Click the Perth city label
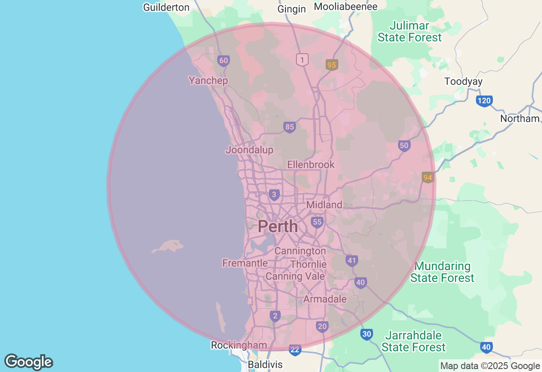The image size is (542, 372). click(278, 227)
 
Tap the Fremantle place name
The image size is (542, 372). click(245, 263)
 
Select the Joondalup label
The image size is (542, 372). click(249, 150)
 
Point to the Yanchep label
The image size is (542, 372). click(208, 80)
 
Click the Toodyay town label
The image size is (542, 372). click(463, 81)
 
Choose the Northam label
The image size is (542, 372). click(520, 118)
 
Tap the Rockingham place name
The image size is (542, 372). click(239, 345)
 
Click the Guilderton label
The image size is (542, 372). click(166, 7)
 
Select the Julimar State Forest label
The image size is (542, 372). click(409, 32)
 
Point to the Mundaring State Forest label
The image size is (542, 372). click(442, 272)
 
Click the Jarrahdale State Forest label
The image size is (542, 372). click(414, 341)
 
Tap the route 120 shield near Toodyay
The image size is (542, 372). click(484, 101)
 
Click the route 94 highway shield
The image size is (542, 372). click(428, 178)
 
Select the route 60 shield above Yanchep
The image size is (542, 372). click(224, 60)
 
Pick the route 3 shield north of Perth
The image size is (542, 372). click(274, 194)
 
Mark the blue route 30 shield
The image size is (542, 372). click(367, 334)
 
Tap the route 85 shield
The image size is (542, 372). click(290, 127)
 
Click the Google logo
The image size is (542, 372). click(28, 362)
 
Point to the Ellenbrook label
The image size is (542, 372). click(311, 164)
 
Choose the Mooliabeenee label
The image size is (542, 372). click(346, 6)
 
